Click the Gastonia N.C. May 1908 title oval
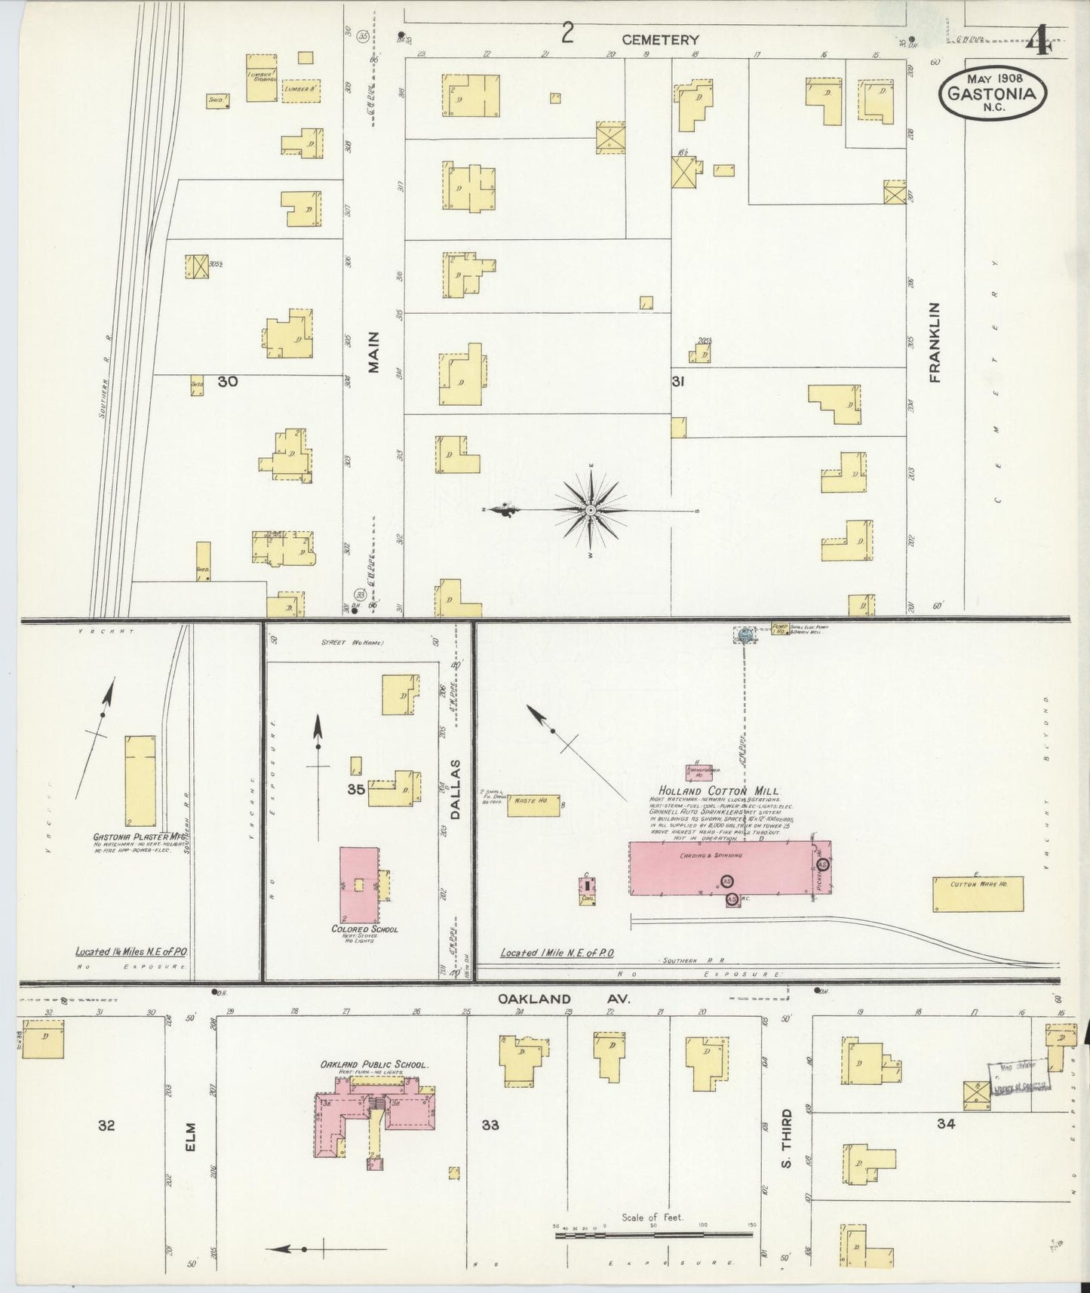[x=993, y=92]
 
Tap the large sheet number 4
[x=1042, y=41]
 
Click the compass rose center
[x=591, y=511]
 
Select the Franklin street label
[x=936, y=342]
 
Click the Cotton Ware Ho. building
[x=978, y=894]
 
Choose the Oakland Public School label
[x=374, y=1064]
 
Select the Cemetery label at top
[x=660, y=40]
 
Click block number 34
[x=946, y=1123]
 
